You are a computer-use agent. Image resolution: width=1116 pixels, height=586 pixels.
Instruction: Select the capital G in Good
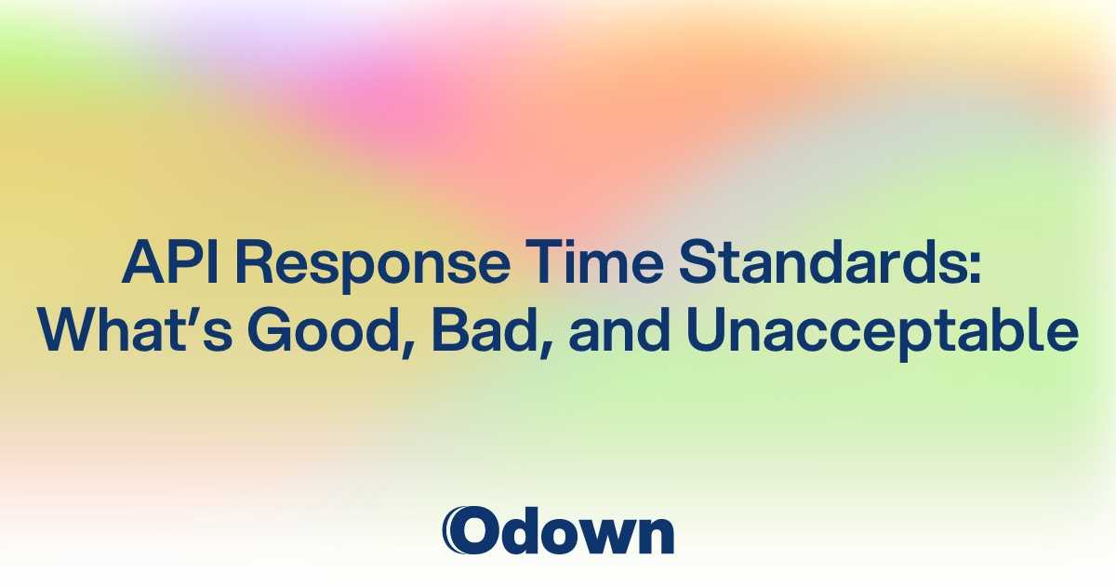[259, 333]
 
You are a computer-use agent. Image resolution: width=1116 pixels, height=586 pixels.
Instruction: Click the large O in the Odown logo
[470, 531]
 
